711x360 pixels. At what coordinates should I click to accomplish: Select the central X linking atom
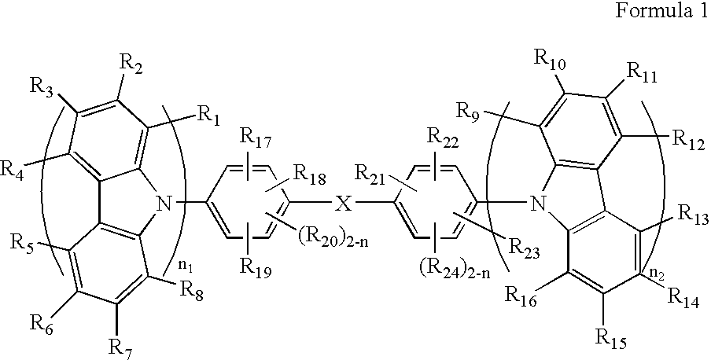pyautogui.click(x=343, y=205)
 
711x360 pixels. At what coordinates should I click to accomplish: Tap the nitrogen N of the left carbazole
pyautogui.click(x=164, y=206)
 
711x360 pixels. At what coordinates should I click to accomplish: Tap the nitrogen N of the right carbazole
pyautogui.click(x=538, y=205)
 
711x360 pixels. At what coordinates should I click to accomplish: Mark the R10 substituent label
pyautogui.click(x=548, y=60)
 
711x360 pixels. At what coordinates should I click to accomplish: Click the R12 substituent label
pyautogui.click(x=687, y=138)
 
